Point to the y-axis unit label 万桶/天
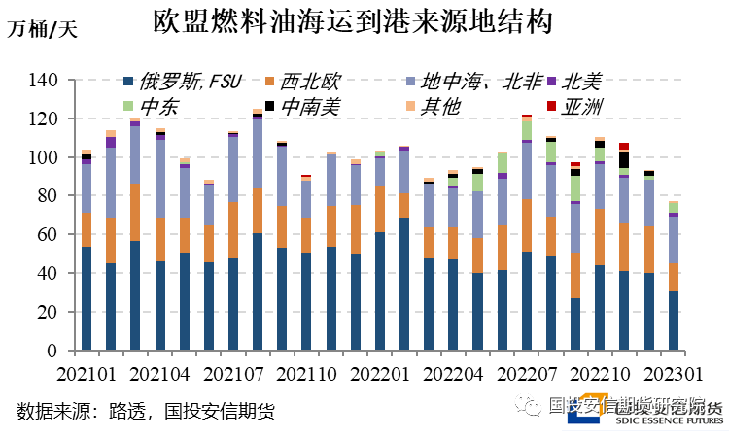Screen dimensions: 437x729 [42, 28]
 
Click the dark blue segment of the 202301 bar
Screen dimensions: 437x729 [673, 320]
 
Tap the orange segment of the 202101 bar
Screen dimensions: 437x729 [87, 229]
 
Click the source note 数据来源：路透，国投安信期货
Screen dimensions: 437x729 [146, 412]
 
